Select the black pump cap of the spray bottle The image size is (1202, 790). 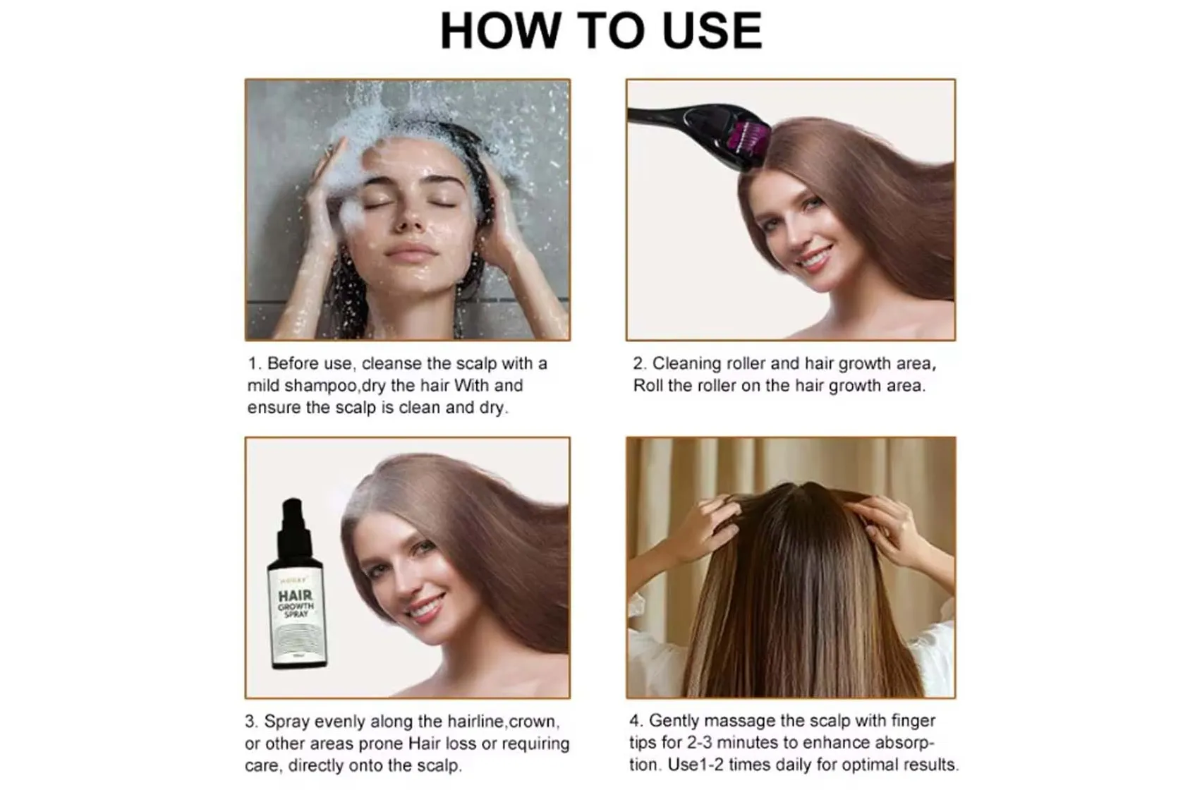(x=292, y=525)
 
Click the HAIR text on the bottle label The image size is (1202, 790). (x=296, y=596)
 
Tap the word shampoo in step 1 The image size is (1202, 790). (x=322, y=386)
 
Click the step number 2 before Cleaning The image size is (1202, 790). (x=638, y=364)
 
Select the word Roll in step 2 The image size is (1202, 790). (x=648, y=386)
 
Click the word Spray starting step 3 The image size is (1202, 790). (x=286, y=722)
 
